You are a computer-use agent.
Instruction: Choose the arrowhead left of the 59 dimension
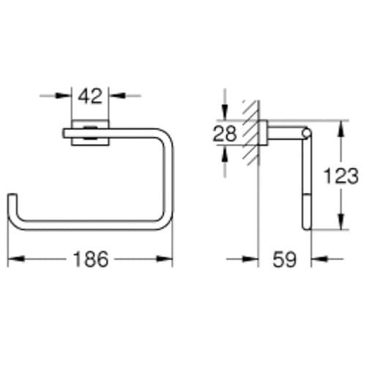[255, 258]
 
